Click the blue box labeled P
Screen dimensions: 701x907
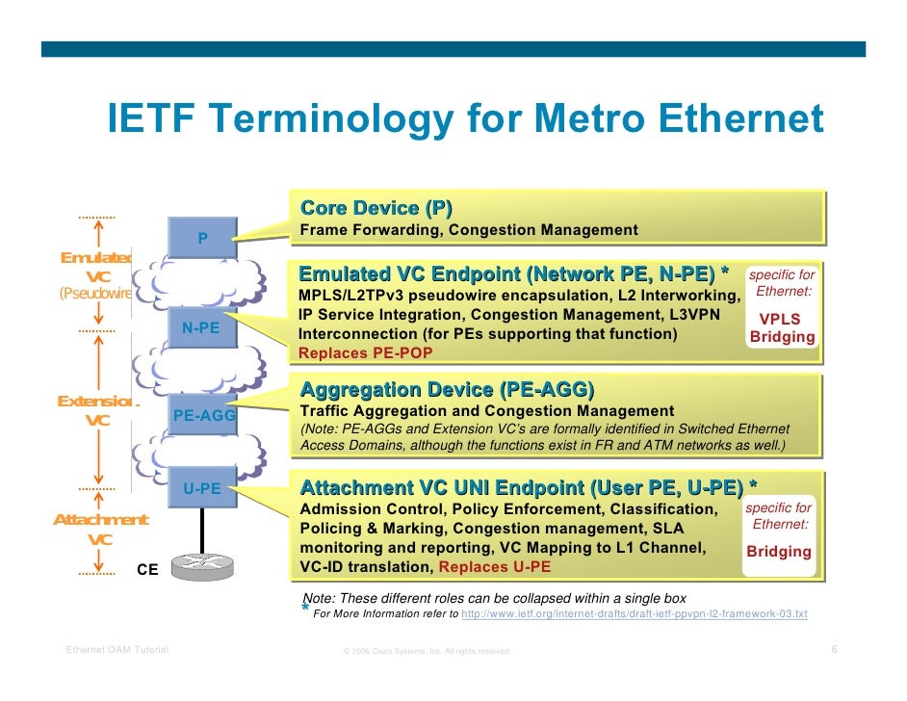point(201,237)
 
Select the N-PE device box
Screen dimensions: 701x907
point(201,328)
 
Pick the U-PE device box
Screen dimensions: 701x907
point(202,489)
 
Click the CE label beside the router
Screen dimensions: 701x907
point(147,569)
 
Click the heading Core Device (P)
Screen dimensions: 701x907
point(376,208)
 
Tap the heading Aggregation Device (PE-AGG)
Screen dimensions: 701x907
point(447,390)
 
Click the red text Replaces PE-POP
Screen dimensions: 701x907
point(365,352)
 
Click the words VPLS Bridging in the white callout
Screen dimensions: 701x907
point(781,328)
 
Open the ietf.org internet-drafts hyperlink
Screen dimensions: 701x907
point(635,613)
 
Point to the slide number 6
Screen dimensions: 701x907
point(834,650)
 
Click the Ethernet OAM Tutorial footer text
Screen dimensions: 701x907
point(117,650)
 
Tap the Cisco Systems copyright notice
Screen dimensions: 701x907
point(427,652)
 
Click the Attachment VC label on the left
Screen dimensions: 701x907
point(100,530)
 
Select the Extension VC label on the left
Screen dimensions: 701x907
point(97,411)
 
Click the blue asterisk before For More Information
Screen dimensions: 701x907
point(305,610)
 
